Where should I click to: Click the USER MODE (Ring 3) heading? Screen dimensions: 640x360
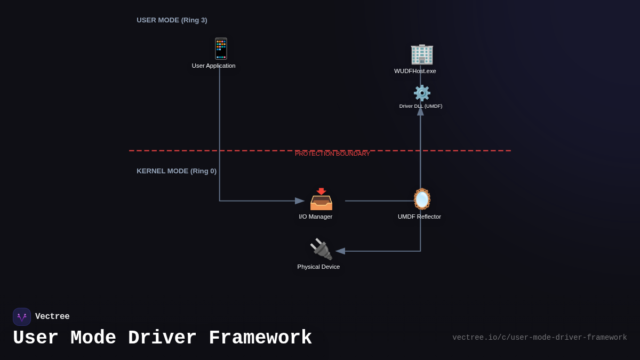click(x=172, y=20)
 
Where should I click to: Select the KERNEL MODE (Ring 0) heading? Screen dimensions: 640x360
click(x=177, y=171)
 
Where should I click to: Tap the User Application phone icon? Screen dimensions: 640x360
click(x=221, y=49)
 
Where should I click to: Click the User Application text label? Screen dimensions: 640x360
click(x=213, y=66)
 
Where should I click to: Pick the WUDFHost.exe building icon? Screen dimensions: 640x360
click(x=421, y=54)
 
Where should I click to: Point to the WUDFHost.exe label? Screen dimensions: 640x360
click(x=415, y=71)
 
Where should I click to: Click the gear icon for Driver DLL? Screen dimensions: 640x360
click(x=422, y=93)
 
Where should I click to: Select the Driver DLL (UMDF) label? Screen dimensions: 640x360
click(x=421, y=106)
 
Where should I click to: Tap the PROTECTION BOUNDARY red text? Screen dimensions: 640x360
click(x=332, y=154)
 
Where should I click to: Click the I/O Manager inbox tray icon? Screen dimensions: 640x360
click(x=321, y=199)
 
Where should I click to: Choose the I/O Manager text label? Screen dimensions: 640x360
click(x=315, y=217)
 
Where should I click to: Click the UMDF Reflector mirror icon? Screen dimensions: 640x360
click(x=422, y=198)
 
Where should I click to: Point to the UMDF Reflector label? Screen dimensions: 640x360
click(x=419, y=217)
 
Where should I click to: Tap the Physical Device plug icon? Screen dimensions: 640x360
click(x=321, y=249)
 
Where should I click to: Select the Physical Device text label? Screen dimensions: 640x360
click(x=318, y=267)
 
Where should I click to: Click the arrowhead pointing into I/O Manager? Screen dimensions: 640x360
click(x=300, y=201)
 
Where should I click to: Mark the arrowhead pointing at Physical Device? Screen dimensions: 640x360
click(x=340, y=251)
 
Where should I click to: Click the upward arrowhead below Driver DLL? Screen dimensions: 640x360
click(x=420, y=111)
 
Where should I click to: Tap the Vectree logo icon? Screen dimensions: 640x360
click(x=22, y=317)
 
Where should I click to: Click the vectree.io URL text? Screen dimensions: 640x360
click(x=539, y=338)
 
